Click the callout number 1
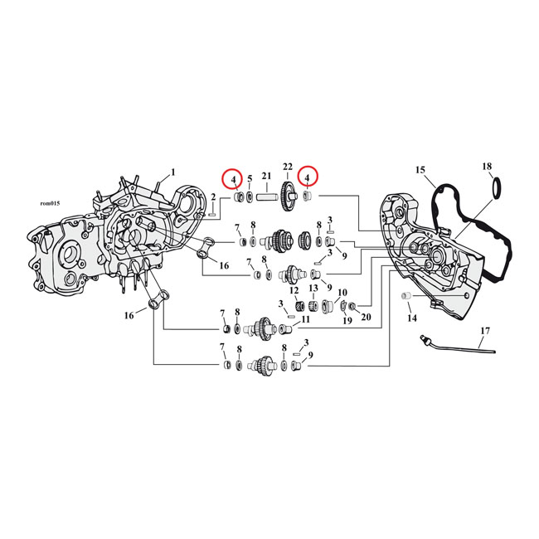click(x=172, y=172)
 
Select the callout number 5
click(x=250, y=178)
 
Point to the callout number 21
click(x=266, y=176)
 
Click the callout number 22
click(x=288, y=166)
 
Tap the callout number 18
click(x=487, y=167)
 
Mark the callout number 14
click(x=412, y=318)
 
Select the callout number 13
click(x=313, y=289)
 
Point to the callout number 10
click(x=342, y=292)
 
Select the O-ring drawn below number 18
click(x=474, y=189)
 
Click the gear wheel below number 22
click(x=288, y=196)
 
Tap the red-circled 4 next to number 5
click(x=234, y=178)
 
